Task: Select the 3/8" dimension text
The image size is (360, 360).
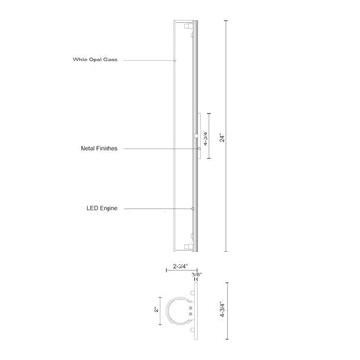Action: click(x=197, y=275)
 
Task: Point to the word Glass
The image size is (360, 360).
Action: click(x=136, y=60)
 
